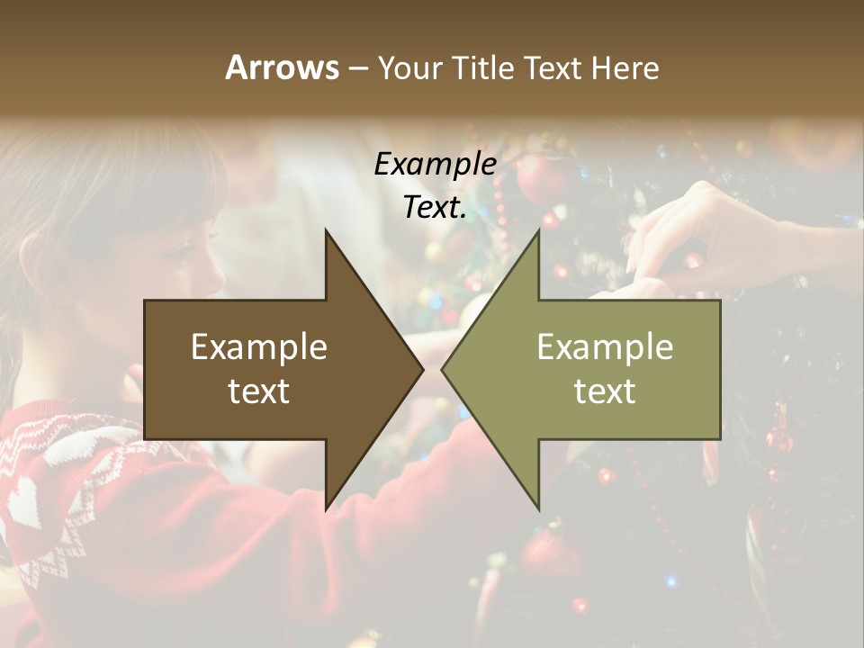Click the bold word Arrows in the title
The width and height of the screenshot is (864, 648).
click(x=282, y=67)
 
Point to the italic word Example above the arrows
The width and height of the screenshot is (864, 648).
click(x=435, y=165)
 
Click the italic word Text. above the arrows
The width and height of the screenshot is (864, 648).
click(x=435, y=208)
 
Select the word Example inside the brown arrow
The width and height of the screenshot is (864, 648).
click(x=259, y=347)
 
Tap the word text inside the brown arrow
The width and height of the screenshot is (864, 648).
click(x=259, y=391)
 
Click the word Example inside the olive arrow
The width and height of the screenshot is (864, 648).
click(x=605, y=347)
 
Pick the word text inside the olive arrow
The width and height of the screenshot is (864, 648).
click(x=605, y=391)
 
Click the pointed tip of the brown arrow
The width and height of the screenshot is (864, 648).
click(x=422, y=369)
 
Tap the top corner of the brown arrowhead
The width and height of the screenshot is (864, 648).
click(x=327, y=230)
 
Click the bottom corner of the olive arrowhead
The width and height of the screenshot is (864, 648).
click(x=538, y=508)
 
